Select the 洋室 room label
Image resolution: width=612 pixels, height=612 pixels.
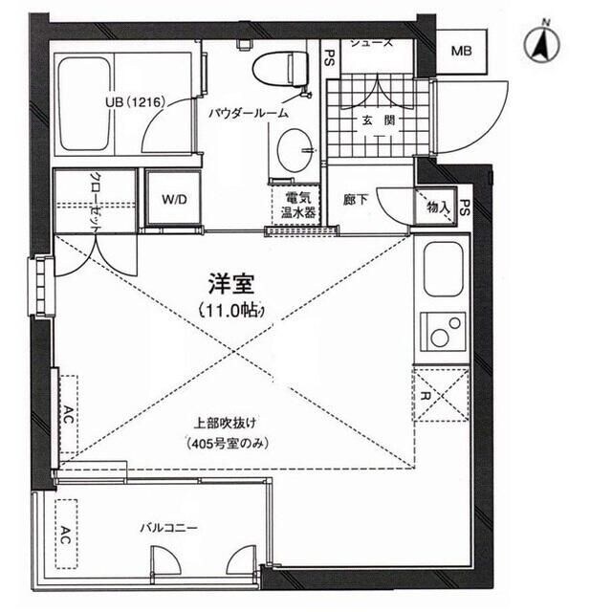coord(229,284)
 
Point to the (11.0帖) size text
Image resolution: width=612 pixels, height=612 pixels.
coord(230,310)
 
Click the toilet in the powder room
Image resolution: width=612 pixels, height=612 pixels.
coord(281,69)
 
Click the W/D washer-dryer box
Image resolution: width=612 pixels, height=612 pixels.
coord(173,201)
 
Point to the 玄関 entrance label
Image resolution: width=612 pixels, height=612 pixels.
coord(371,121)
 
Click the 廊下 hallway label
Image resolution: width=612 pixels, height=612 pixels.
coord(356,201)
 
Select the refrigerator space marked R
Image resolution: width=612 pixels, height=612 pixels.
coord(442,394)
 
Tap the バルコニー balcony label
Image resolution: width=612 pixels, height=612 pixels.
coord(169,528)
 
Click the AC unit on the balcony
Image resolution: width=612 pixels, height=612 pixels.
coord(67,533)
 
